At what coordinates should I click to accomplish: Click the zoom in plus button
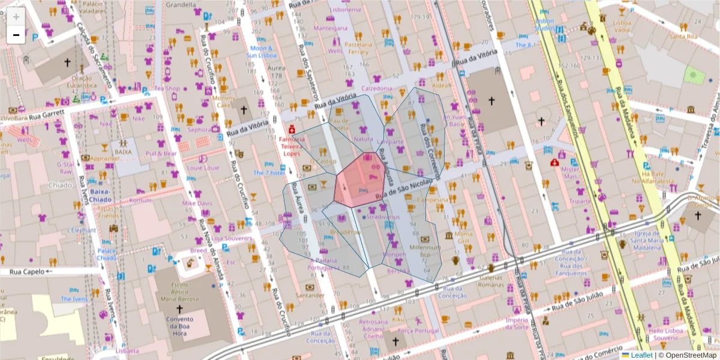pyautogui.click(x=16, y=16)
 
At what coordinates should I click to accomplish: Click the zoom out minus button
pyautogui.click(x=16, y=35)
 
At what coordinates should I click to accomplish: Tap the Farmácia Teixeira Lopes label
pyautogui.click(x=292, y=146)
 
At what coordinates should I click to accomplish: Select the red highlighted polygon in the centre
pyautogui.click(x=360, y=179)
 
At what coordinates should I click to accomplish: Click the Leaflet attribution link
pyautogui.click(x=641, y=355)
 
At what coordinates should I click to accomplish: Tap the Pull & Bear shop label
pyautogui.click(x=161, y=153)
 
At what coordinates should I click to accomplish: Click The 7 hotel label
pyautogui.click(x=268, y=173)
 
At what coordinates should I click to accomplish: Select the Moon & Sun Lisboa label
pyautogui.click(x=261, y=52)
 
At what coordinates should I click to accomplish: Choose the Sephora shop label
pyautogui.click(x=199, y=129)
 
